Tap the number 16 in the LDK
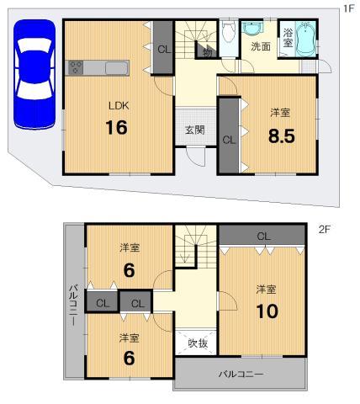tap(116, 129)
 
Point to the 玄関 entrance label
tap(195, 130)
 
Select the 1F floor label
tap(347, 8)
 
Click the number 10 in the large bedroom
tap(267, 311)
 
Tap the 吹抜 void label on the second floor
tap(198, 343)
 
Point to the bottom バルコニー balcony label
tap(241, 373)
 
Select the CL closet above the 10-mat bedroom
tap(262, 235)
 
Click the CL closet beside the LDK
tap(163, 48)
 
